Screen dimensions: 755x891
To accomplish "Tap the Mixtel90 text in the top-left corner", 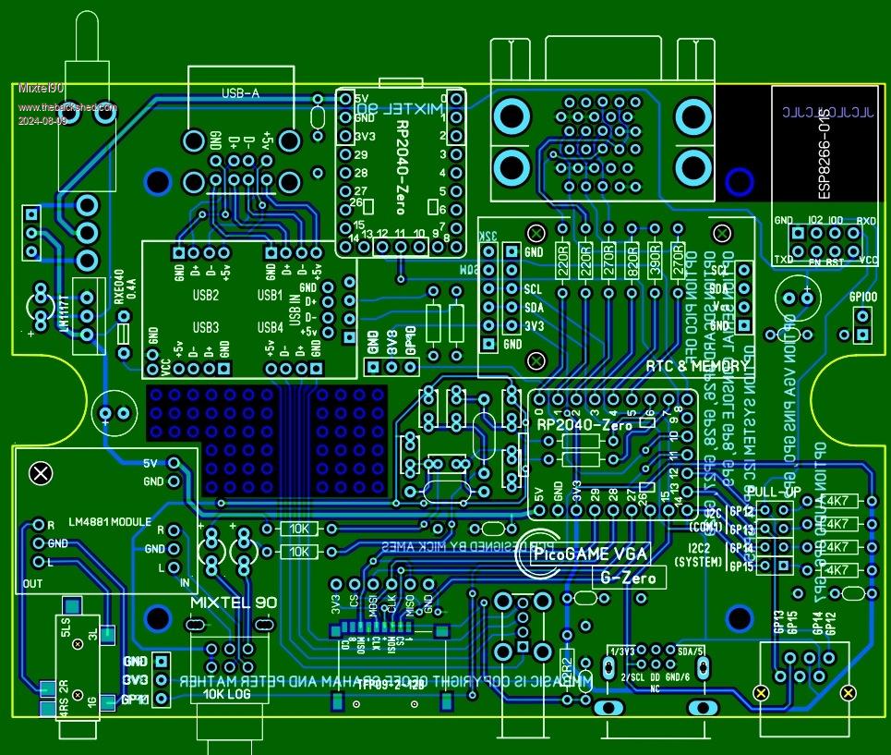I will (x=42, y=88).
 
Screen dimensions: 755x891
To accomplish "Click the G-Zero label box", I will (x=628, y=578).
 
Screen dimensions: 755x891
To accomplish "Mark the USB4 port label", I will (x=270, y=327).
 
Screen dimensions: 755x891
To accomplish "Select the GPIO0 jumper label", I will (x=863, y=298).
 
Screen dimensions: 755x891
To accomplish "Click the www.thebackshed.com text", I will (x=67, y=107).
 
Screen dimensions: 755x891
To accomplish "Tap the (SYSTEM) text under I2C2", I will (x=699, y=561).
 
